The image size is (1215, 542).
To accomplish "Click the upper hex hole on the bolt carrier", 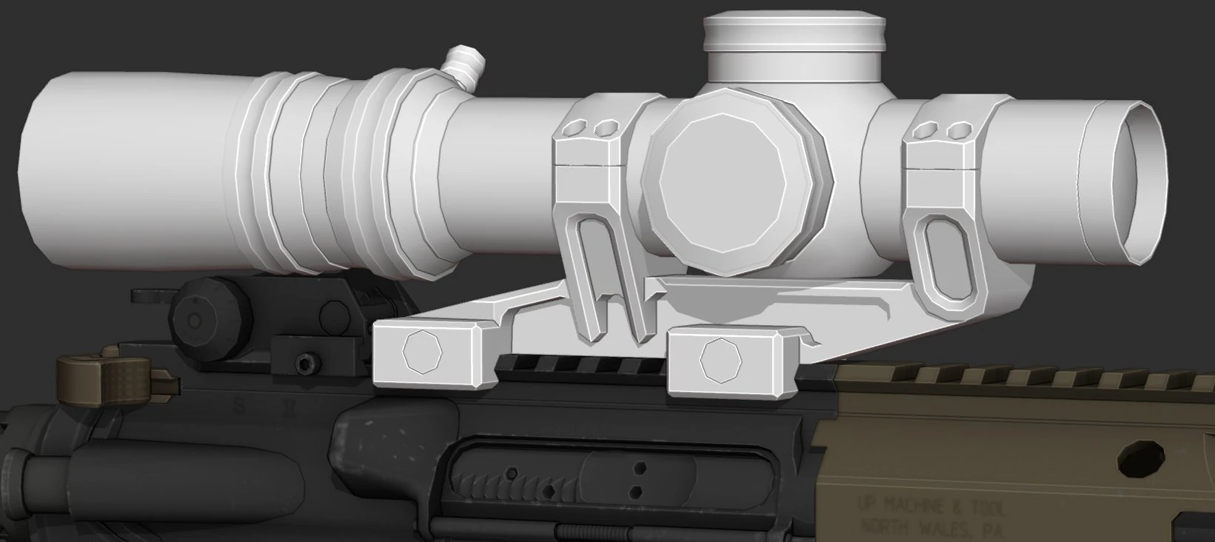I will [x=640, y=467].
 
